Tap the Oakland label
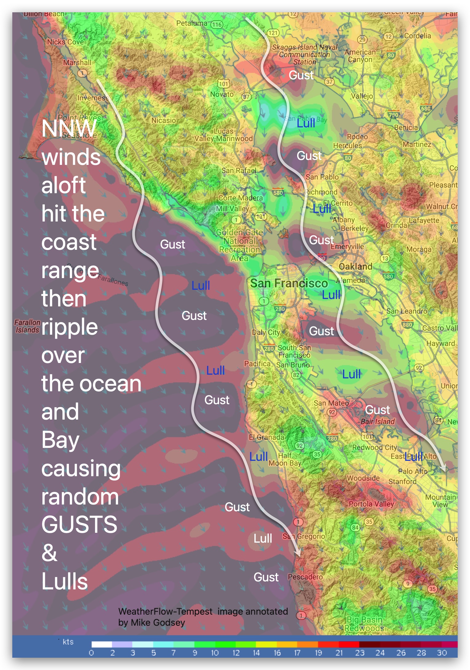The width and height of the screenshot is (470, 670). (x=355, y=266)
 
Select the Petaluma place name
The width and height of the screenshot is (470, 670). (x=192, y=23)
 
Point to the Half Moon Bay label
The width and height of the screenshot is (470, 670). (x=285, y=459)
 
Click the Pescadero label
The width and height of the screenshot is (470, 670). (x=305, y=577)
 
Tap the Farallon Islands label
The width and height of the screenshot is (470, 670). (x=27, y=326)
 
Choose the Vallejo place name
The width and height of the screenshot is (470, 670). (x=362, y=96)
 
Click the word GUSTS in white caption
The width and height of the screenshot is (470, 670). (x=79, y=524)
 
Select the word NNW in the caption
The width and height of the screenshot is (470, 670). (x=69, y=128)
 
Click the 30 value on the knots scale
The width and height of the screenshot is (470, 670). (x=442, y=653)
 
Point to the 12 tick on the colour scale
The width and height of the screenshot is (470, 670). (x=236, y=653)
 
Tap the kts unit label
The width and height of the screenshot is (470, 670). (x=68, y=642)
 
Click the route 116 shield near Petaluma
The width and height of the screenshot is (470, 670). (x=217, y=25)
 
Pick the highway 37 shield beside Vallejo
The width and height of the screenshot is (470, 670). (x=329, y=82)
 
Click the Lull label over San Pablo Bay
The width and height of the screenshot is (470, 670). (x=306, y=123)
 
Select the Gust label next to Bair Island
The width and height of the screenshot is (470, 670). (x=377, y=410)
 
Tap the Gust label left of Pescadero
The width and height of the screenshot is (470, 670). (x=266, y=577)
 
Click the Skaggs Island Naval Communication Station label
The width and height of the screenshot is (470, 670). (x=304, y=54)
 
